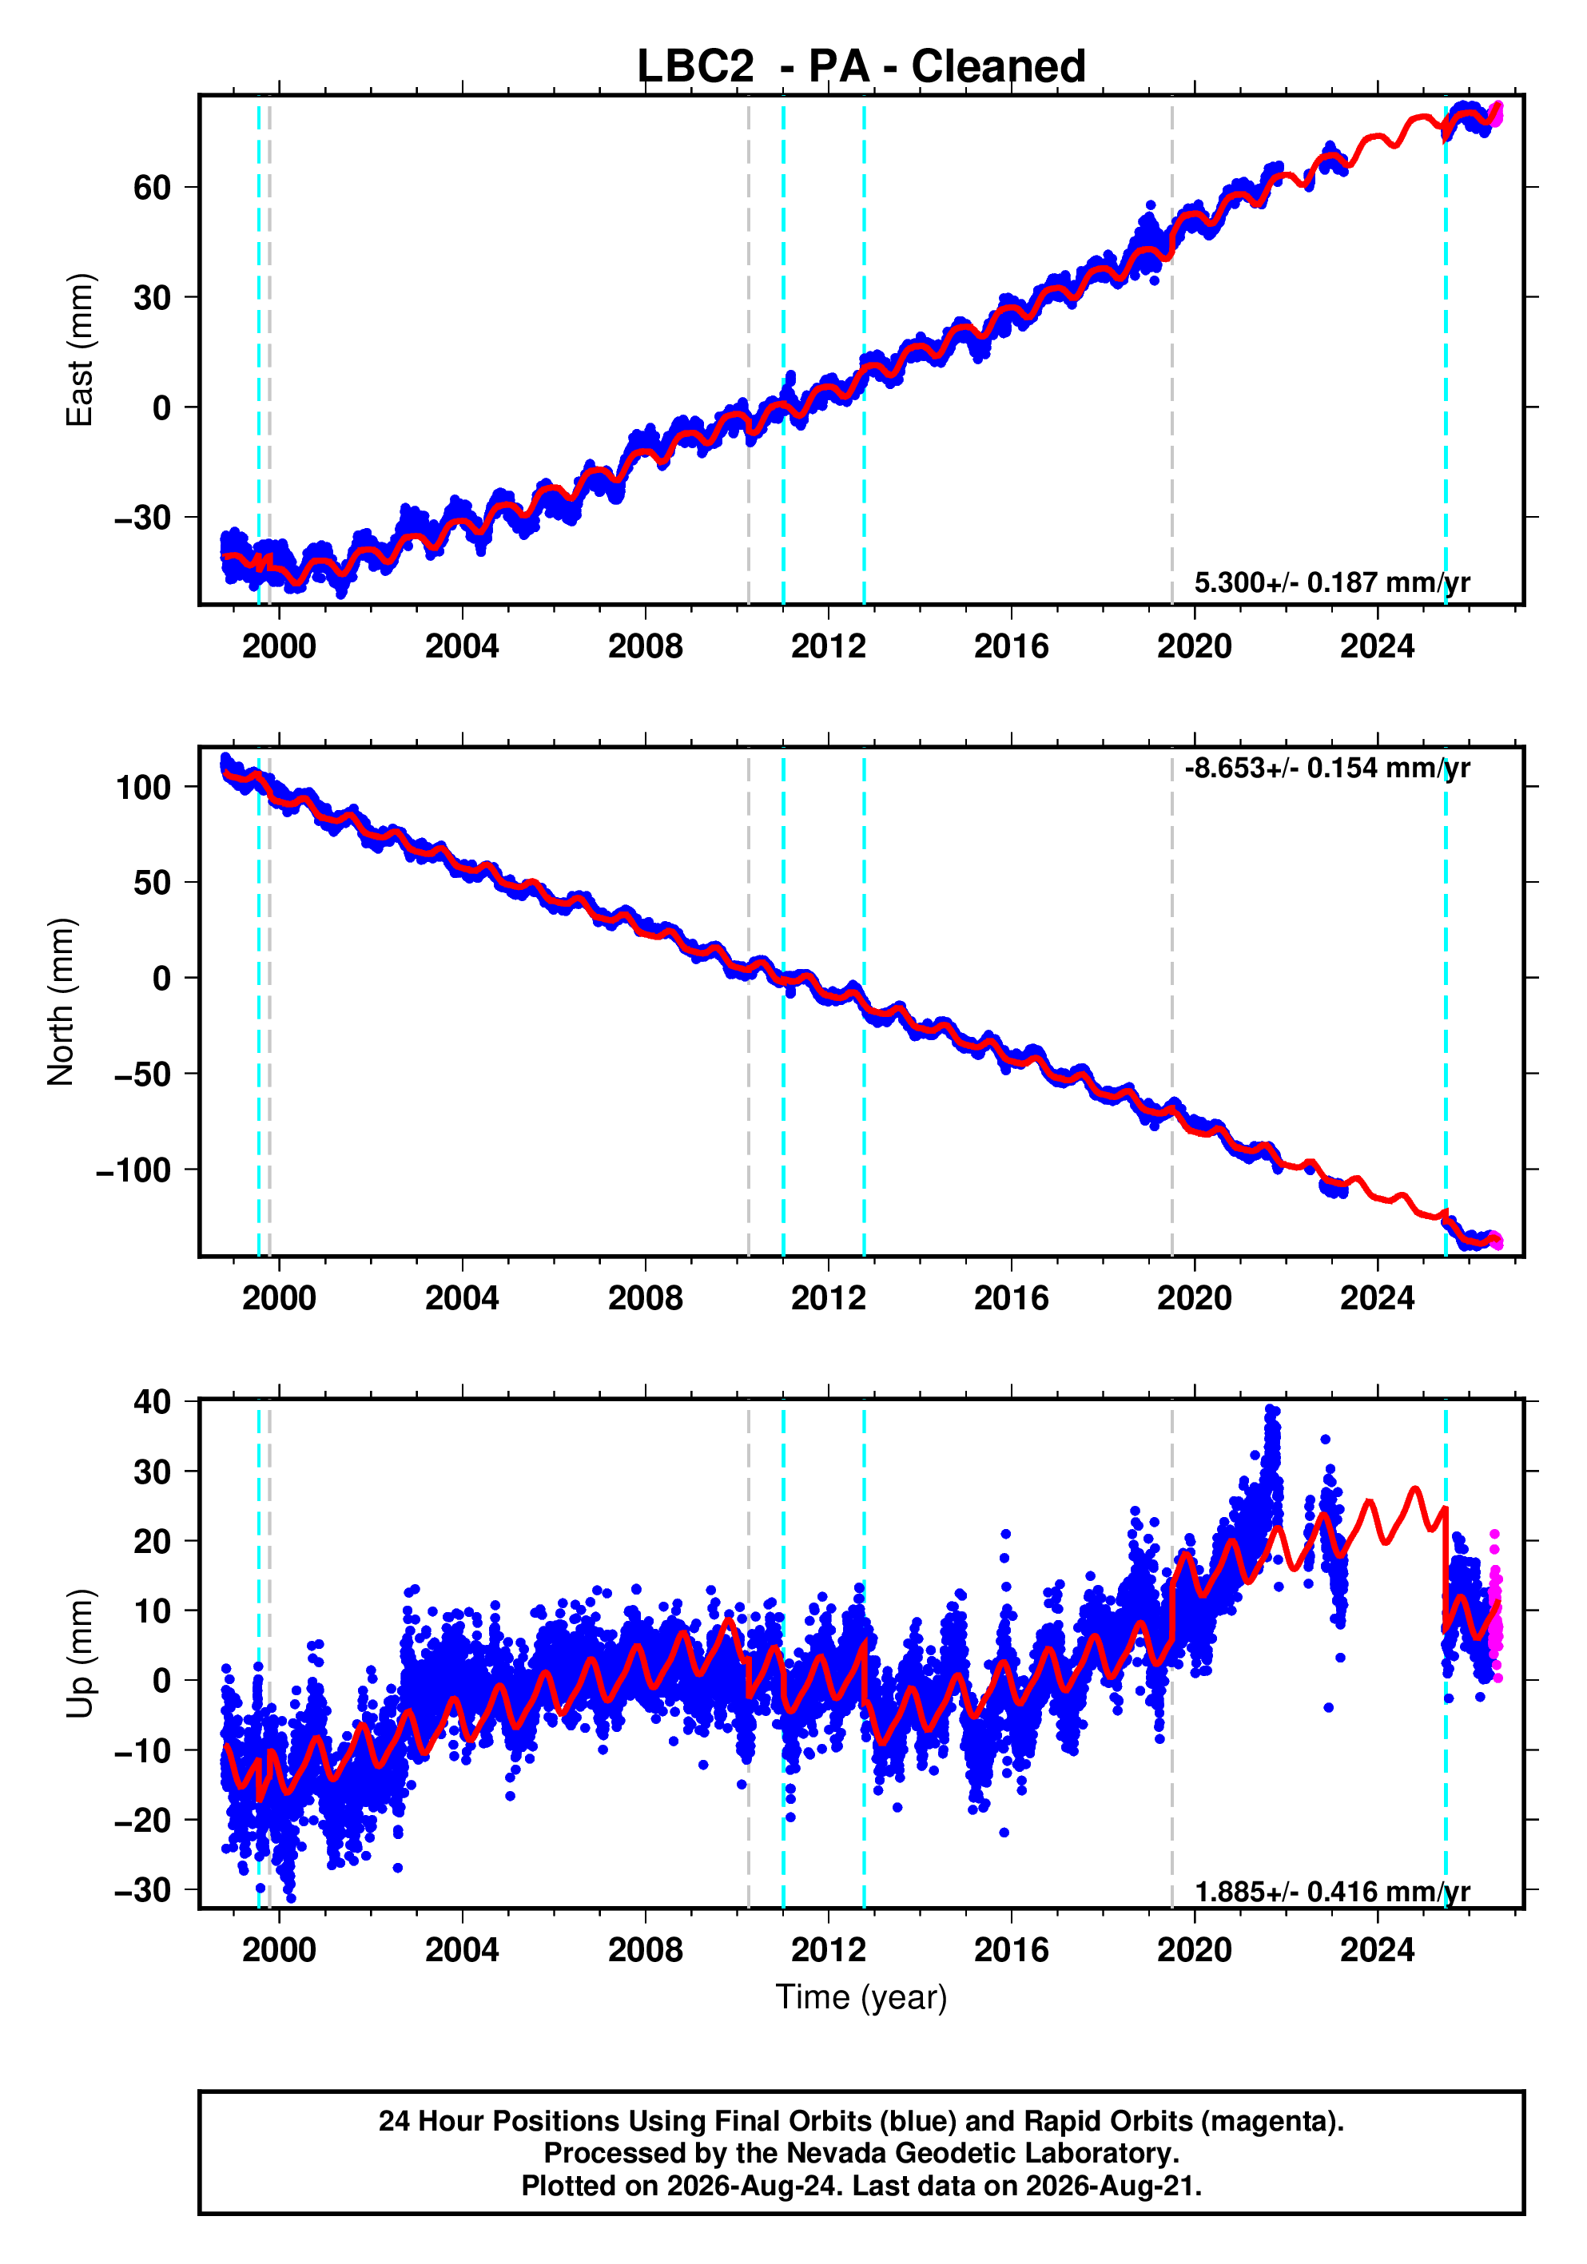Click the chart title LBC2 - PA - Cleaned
click(x=861, y=67)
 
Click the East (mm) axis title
click(x=79, y=350)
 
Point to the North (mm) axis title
click(x=62, y=1002)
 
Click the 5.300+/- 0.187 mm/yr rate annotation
click(x=1331, y=582)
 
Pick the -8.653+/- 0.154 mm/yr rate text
click(x=1327, y=769)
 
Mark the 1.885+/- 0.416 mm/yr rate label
click(x=1331, y=1893)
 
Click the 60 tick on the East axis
click(x=152, y=188)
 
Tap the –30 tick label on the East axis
click(x=142, y=518)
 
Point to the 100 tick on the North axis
click(x=143, y=787)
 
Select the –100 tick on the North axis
click(x=133, y=1170)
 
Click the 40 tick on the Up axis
click(x=152, y=1401)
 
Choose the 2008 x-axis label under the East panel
click(x=645, y=647)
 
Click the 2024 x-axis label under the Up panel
click(x=1377, y=1950)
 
